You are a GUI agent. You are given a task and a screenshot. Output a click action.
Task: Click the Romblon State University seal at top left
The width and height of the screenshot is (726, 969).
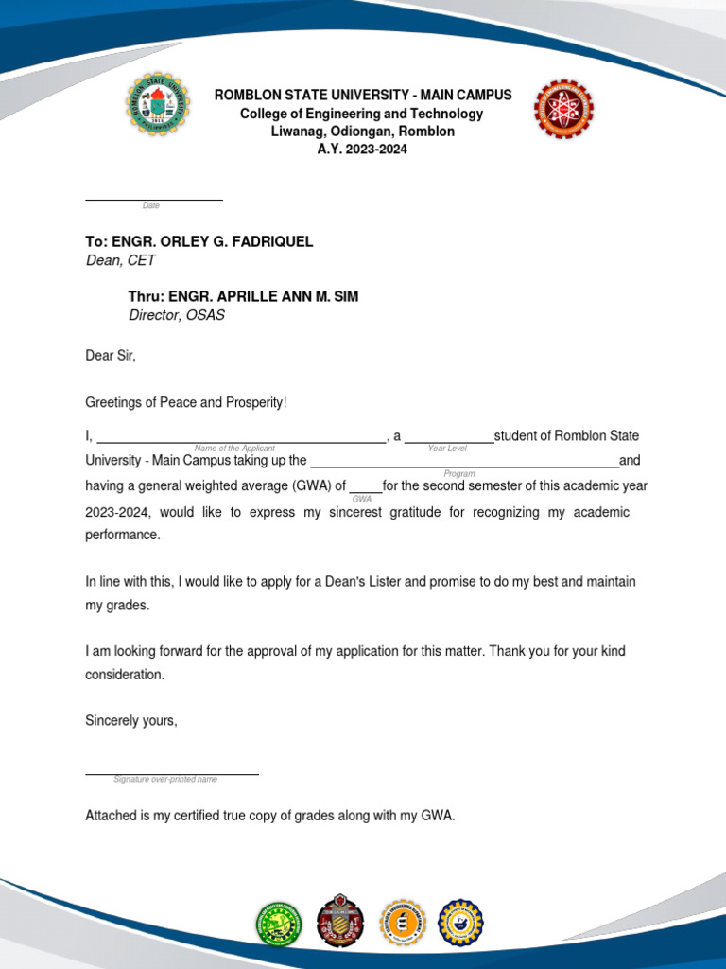click(x=158, y=103)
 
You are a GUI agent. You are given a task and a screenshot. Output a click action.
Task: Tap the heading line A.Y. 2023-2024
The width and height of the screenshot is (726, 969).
click(x=362, y=150)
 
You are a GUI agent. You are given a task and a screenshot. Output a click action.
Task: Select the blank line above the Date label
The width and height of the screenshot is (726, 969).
click(x=153, y=199)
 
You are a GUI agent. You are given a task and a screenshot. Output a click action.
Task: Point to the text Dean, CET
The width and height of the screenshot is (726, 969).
click(x=120, y=260)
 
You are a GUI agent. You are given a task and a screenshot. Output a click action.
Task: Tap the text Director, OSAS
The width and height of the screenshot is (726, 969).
click(x=177, y=315)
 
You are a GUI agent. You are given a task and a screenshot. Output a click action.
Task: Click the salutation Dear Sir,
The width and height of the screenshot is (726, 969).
click(x=111, y=356)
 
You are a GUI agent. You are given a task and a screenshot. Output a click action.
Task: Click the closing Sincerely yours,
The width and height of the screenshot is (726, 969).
click(x=131, y=721)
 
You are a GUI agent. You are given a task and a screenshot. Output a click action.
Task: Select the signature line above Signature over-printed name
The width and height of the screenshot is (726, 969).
click(x=171, y=773)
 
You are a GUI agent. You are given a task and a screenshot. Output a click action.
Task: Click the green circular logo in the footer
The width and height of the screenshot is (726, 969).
click(x=280, y=923)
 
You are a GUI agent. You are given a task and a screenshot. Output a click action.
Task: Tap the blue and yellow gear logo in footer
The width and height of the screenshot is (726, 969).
click(x=460, y=923)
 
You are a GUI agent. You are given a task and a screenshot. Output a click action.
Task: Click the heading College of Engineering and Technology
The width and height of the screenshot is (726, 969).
click(x=362, y=114)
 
